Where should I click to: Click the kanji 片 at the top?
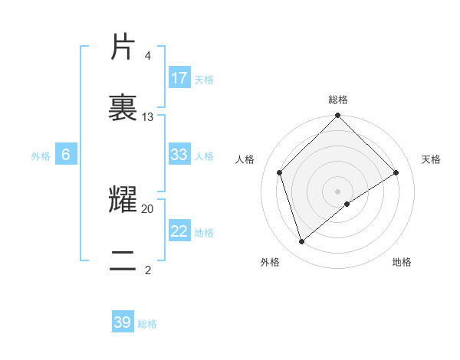[x=123, y=47]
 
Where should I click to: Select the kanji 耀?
[x=123, y=200]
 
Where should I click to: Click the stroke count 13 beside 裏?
[x=148, y=117]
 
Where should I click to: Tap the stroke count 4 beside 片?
[x=147, y=56]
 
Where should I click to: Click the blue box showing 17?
[x=179, y=78]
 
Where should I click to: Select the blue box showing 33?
[x=179, y=155]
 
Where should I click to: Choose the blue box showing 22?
[x=179, y=231]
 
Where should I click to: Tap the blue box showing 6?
[x=66, y=155]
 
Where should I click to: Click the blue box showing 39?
[x=123, y=322]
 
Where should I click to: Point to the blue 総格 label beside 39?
[x=147, y=324]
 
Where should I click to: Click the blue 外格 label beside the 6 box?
[x=41, y=156]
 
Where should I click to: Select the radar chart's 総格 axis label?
[x=338, y=100]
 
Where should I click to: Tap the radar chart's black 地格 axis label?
[x=402, y=262]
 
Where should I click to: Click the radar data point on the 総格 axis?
[x=338, y=116]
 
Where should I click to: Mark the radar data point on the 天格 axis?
[x=396, y=172]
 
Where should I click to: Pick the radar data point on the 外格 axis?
[x=302, y=241]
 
